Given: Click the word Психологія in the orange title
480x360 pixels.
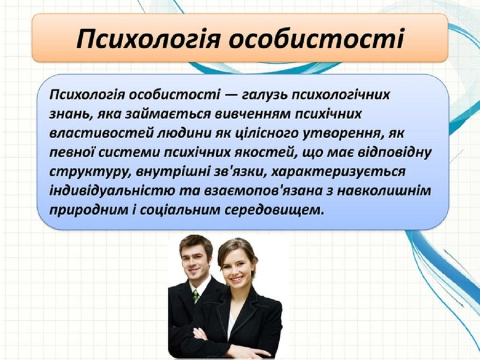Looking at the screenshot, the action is [148, 39].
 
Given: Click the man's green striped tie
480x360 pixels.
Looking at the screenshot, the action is [195, 296].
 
